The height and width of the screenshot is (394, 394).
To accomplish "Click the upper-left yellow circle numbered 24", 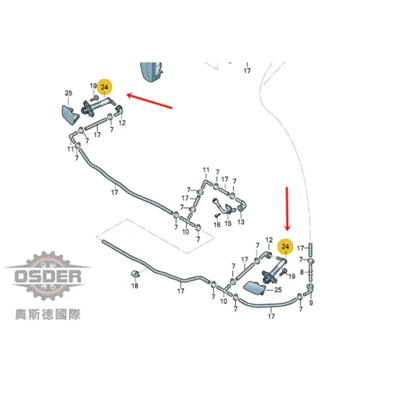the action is pos(104,87).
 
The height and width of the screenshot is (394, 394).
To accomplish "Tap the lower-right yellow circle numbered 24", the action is pos(285,247).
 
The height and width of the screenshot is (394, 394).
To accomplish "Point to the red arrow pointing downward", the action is pos(287,209).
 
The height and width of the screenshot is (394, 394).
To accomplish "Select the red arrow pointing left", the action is pos(150,101).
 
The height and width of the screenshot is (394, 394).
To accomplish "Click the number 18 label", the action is pos(135,286).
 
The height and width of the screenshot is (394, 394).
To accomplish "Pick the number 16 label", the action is pos(217,224).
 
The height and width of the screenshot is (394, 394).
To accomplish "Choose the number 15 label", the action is pos(228,223).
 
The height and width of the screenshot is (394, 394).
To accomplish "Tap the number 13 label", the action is pos(241,222).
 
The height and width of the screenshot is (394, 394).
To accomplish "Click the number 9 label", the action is pos(311,303).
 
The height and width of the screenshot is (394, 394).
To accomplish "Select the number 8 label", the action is pos(302,272).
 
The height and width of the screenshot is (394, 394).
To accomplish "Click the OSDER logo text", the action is pos(48,276).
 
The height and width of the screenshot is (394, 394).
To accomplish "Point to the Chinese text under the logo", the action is pos(47,314).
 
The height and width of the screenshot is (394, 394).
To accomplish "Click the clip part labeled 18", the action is pos(135,274).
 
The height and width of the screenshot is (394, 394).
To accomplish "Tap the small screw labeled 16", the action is pos(217,215).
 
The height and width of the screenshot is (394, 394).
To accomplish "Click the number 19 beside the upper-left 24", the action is pos(93,86).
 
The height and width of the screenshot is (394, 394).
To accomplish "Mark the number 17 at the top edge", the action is pos(247,71).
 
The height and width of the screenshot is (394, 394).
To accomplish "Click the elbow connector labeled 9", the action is pos(309,289).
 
